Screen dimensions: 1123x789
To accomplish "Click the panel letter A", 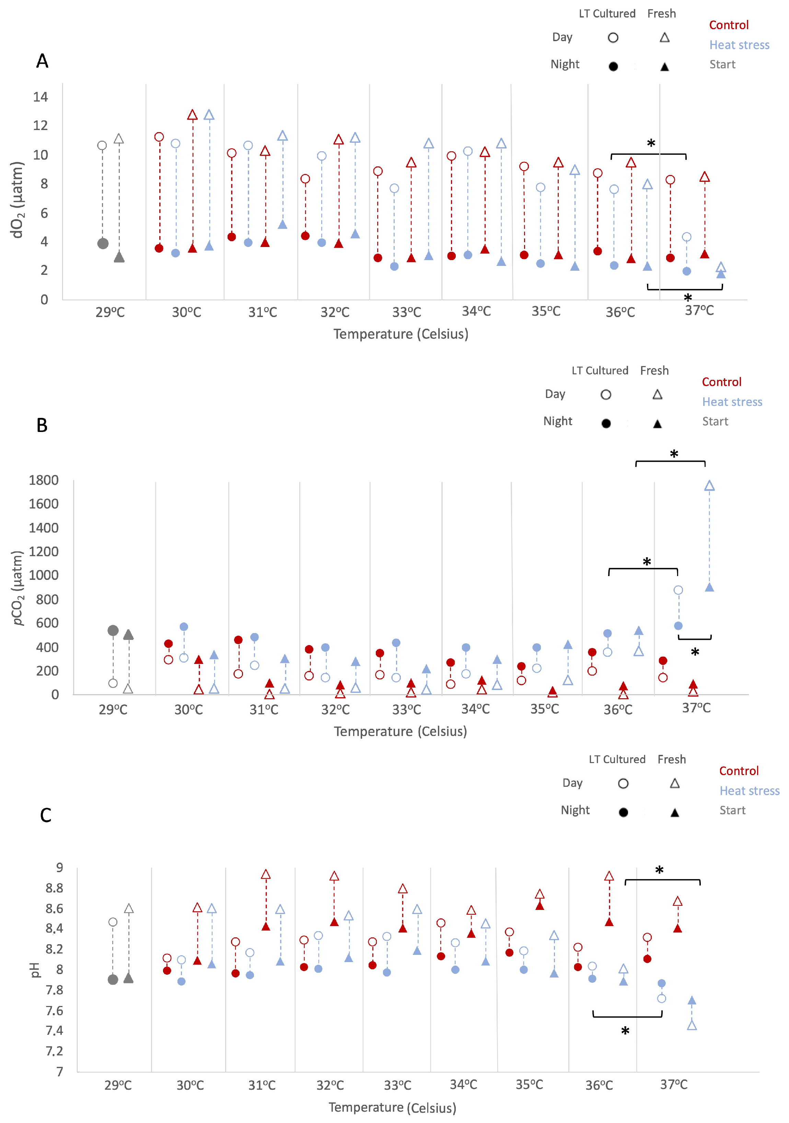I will pos(43,61).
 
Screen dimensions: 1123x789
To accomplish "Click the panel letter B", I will pos(42,425).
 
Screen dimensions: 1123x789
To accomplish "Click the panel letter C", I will pos(46,815).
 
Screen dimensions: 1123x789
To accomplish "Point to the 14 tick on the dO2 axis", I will pos(40,97).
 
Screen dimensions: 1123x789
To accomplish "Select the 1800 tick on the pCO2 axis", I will pos(44,480).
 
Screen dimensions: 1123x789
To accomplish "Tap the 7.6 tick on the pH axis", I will pos(54,1010).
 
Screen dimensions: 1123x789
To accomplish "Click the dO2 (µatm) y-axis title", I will pos(18,200).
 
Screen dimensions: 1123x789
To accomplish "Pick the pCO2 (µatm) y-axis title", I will pos(18,588).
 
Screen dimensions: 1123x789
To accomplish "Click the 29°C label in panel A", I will pos(110,312).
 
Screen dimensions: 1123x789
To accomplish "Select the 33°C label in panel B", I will pos(406,709).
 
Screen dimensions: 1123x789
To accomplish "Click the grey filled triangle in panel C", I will pos(129,978).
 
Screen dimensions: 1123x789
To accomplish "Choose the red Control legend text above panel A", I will pos(729,25).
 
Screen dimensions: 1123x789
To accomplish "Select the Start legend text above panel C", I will pos(732,810).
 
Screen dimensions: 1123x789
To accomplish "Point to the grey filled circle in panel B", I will pos(113,630).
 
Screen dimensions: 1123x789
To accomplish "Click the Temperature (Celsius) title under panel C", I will pos(392,1107).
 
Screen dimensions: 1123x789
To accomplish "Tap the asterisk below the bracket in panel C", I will pos(625,1031).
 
